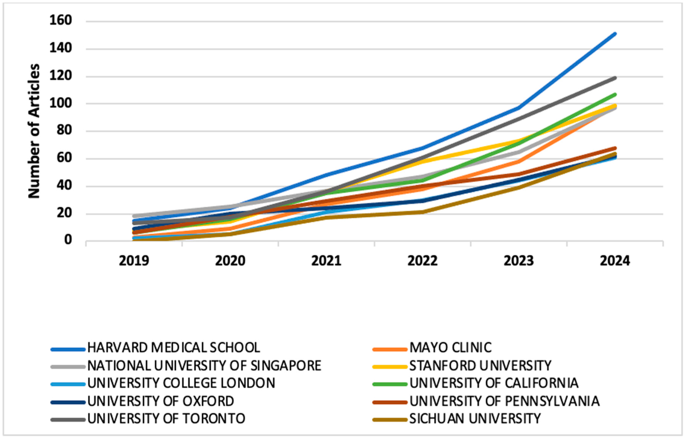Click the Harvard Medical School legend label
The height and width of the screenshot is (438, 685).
tap(174, 348)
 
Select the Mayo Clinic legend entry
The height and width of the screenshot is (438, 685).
tap(450, 348)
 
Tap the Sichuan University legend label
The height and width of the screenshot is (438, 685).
tap(475, 418)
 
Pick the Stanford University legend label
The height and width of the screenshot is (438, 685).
tap(480, 365)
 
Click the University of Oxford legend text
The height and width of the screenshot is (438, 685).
tap(161, 401)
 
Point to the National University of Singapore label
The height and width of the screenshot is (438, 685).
tap(204, 365)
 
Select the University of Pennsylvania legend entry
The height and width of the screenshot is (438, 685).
tap(504, 401)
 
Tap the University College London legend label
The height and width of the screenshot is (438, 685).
tap(181, 383)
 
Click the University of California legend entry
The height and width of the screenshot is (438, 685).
tap(494, 383)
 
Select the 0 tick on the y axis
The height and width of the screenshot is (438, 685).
tap(68, 240)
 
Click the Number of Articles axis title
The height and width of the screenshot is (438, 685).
tap(34, 131)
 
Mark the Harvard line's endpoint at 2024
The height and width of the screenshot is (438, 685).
tap(615, 34)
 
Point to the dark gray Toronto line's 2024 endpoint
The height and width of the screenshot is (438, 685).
tap(615, 78)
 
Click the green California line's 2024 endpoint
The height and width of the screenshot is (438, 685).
tap(615, 94)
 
